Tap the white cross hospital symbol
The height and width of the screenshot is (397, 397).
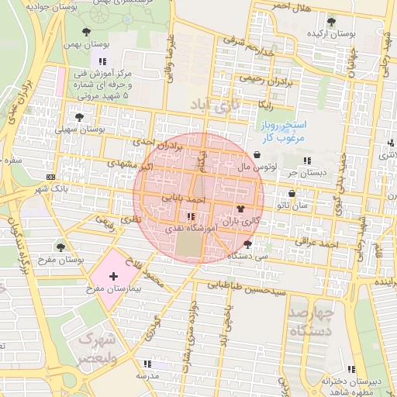point(114,276)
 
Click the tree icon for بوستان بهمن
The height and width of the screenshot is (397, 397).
point(86,33)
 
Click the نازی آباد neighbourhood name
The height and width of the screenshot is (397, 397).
point(215,103)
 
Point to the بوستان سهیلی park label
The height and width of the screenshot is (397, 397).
point(79,129)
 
